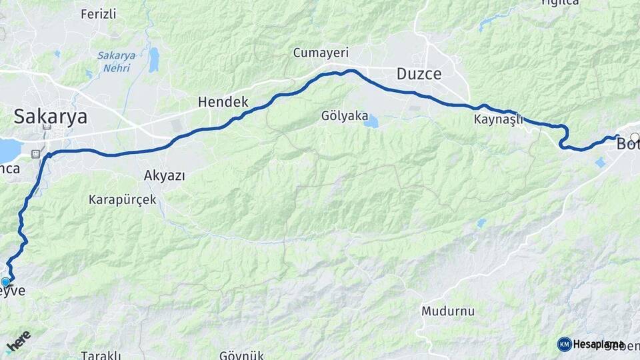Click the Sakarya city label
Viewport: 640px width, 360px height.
coord(51,117)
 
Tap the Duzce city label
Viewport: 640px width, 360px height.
coord(419,74)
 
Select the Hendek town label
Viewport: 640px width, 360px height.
coord(223,102)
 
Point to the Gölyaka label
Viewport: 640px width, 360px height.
coord(344,115)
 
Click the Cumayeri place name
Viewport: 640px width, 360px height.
coord(321,53)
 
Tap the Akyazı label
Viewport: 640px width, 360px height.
coord(164,175)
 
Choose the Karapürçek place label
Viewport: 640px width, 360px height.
coord(123,199)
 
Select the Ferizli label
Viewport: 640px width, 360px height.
coord(98,13)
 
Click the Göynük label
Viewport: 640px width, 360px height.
coord(242,355)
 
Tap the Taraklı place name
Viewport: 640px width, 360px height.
coord(101,355)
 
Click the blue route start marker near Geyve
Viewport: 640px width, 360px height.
coord(6,283)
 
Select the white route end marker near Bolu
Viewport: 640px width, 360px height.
coord(635,137)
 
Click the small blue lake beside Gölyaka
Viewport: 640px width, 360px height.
coord(371,122)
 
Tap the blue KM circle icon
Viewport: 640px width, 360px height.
coord(564,344)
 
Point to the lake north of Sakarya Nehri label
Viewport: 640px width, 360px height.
coord(154,59)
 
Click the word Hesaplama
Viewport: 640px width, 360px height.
coord(599,344)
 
